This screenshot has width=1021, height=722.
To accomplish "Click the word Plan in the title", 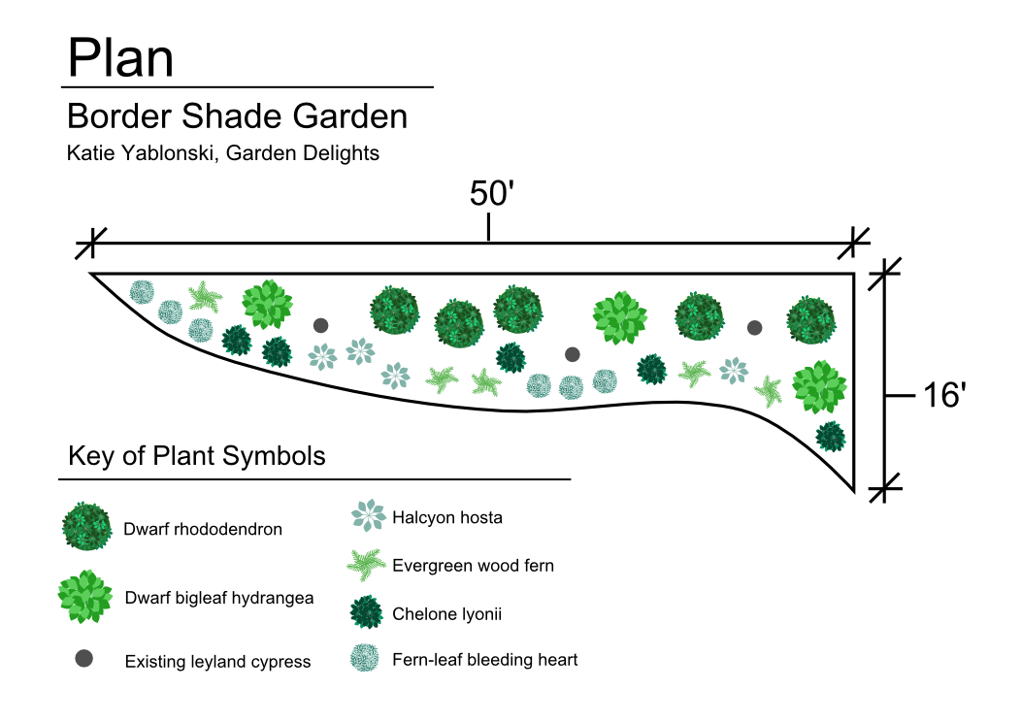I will pyautogui.click(x=120, y=58).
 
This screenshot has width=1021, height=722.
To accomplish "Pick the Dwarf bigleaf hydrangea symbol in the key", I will pyautogui.click(x=85, y=596).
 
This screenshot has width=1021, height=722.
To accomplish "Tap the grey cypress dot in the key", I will pyautogui.click(x=84, y=659).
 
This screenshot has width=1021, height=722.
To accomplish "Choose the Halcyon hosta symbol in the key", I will pyautogui.click(x=368, y=515).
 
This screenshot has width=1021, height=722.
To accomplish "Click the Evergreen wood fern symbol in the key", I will pyautogui.click(x=367, y=564).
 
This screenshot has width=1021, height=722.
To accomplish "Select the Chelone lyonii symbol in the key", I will pyautogui.click(x=367, y=612).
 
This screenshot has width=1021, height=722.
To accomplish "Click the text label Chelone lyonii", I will pyautogui.click(x=446, y=614).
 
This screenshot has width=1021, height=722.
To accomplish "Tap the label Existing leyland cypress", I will pyautogui.click(x=217, y=662).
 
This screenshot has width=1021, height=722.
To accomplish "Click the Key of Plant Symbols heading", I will pyautogui.click(x=197, y=456).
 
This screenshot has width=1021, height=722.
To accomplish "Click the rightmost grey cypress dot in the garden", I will pyautogui.click(x=754, y=328).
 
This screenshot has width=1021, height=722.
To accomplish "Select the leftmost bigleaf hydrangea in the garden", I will pyautogui.click(x=267, y=304).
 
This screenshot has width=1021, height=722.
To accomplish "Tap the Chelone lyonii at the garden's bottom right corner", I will pyautogui.click(x=830, y=436).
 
